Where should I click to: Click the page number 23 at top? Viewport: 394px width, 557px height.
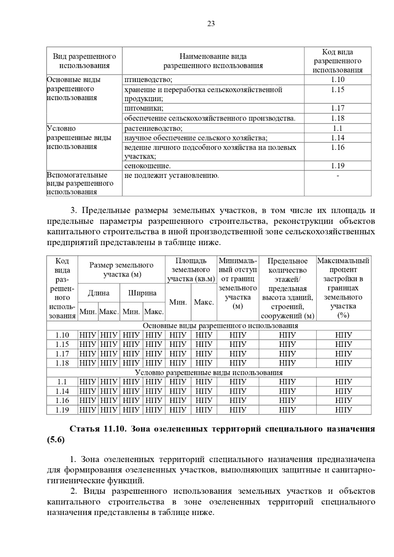click(211, 24)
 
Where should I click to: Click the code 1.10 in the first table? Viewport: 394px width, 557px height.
click(338, 79)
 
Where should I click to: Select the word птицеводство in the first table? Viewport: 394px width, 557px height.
click(148, 80)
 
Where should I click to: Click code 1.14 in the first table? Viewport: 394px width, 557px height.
click(338, 138)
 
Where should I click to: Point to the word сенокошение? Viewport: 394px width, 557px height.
click(147, 166)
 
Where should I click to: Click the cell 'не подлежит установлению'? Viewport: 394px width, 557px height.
click(171, 175)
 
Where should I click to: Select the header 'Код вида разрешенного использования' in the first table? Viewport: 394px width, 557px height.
click(338, 61)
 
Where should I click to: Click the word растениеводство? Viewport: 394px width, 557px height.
click(153, 129)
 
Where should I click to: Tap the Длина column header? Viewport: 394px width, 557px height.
click(98, 293)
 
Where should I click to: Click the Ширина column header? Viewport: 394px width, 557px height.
click(142, 293)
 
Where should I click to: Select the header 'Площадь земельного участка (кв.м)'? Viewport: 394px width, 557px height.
click(191, 270)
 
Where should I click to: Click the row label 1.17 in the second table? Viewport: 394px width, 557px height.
click(62, 354)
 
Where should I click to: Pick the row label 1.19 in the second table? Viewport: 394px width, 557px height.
click(62, 410)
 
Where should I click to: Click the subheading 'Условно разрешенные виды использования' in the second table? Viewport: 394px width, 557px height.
click(209, 373)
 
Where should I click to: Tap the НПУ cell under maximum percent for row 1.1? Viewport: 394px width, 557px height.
click(343, 382)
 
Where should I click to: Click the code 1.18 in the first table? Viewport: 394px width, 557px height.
click(338, 118)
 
